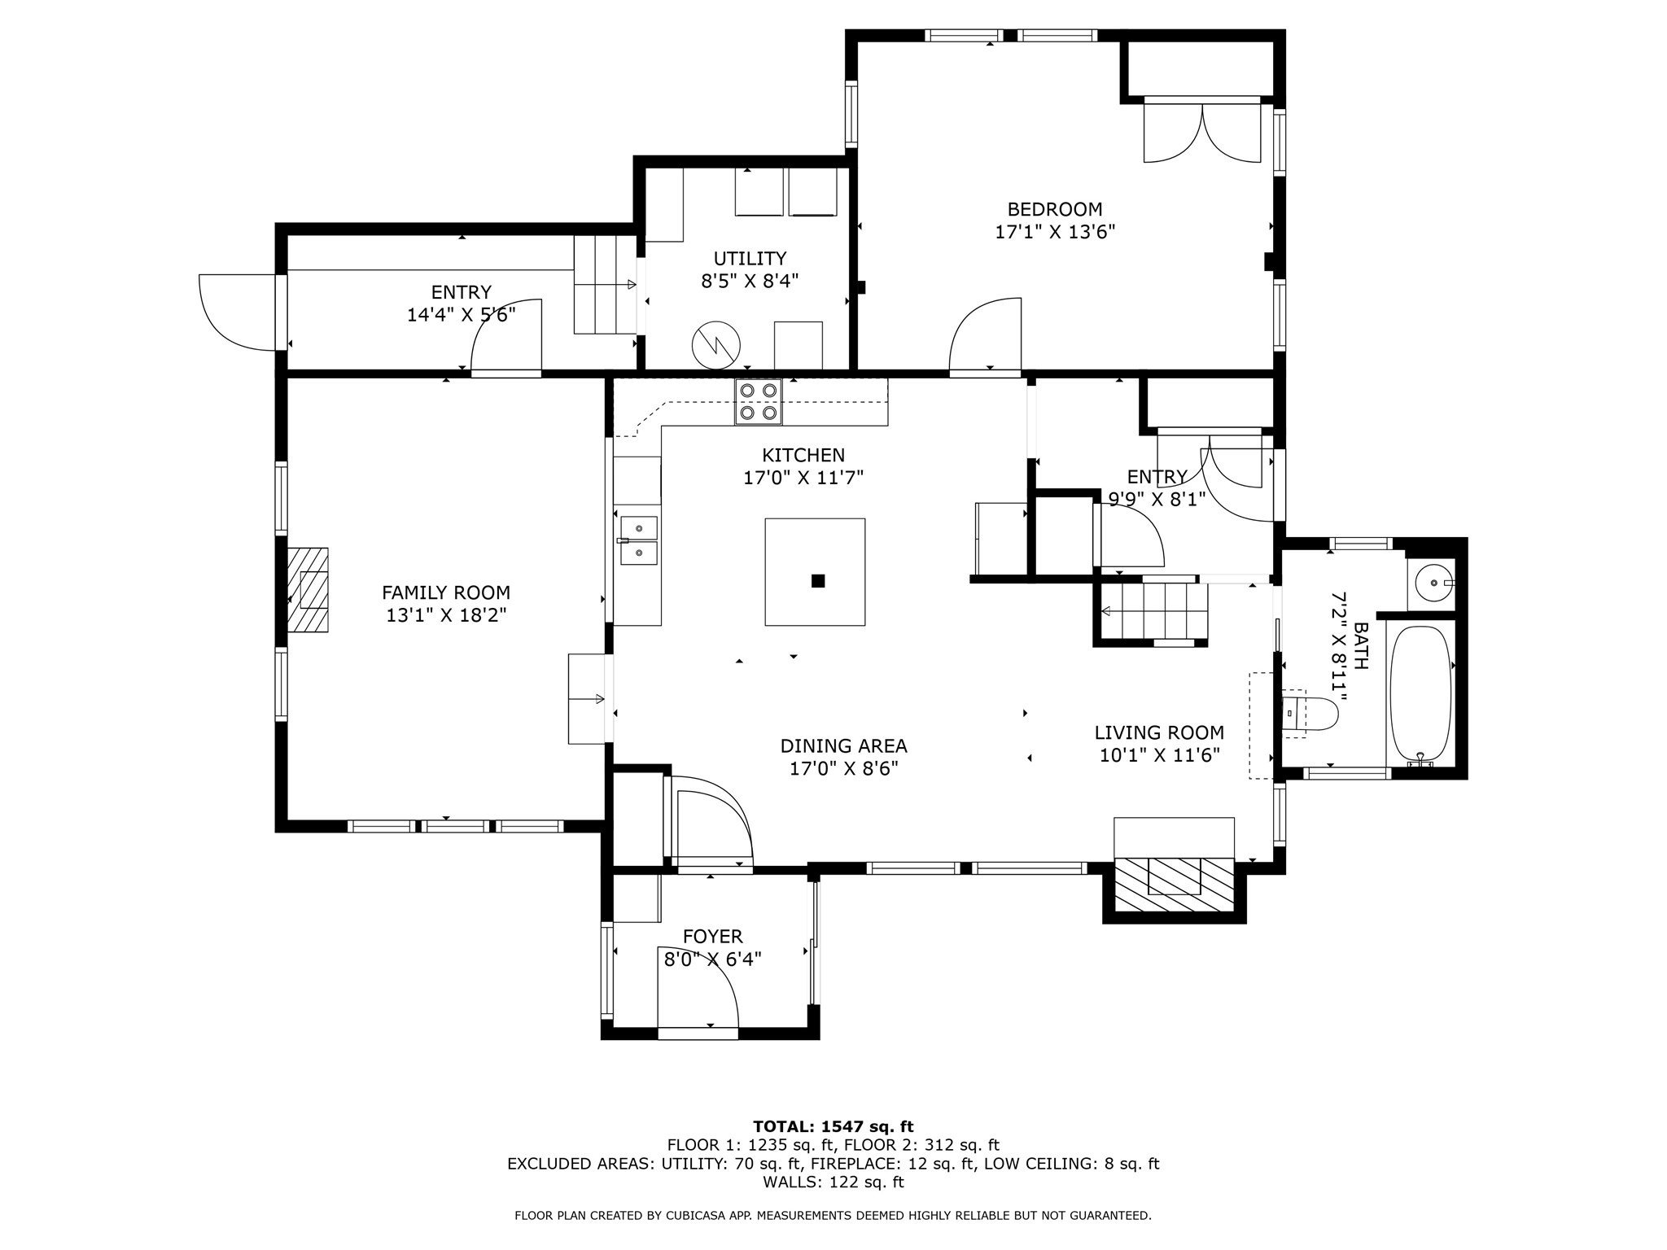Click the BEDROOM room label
click(x=1054, y=209)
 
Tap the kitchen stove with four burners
click(x=758, y=401)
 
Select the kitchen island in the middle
click(x=815, y=572)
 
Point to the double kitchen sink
click(x=639, y=540)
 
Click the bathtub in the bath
click(x=1420, y=693)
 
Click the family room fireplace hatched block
click(x=308, y=590)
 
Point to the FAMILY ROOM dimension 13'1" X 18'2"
click(x=446, y=615)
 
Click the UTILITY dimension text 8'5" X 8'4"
click(x=750, y=282)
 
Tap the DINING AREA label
click(x=843, y=745)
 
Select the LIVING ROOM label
click(x=1159, y=732)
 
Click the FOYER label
click(x=713, y=937)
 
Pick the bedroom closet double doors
click(x=1203, y=133)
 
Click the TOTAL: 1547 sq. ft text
click(x=833, y=1127)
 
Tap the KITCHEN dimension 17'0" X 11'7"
click(x=803, y=478)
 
